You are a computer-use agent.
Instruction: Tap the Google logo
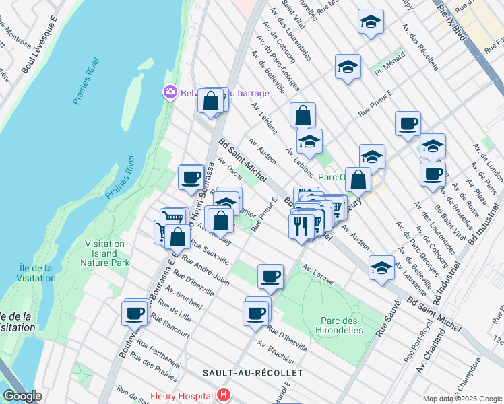click(23, 396)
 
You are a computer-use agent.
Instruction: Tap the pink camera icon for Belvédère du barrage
click(170, 92)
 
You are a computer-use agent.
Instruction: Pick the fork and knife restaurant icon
click(301, 225)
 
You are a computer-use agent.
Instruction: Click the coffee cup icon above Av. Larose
click(270, 275)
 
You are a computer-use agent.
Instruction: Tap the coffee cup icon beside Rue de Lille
click(134, 312)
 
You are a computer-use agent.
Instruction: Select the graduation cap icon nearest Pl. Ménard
click(348, 67)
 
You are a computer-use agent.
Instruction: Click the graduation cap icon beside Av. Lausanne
click(381, 267)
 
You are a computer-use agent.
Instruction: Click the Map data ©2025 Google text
click(462, 399)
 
